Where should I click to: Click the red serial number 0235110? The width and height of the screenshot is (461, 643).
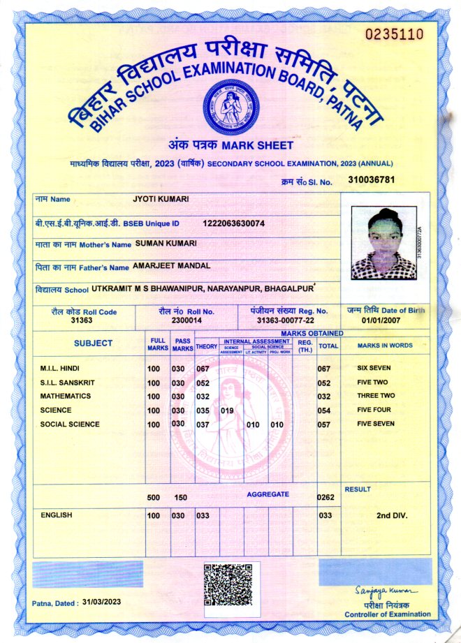395,34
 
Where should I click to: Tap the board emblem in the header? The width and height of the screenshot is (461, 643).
227,108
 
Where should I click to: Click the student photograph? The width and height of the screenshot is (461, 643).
383,243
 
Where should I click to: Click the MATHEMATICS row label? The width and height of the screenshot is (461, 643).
65,396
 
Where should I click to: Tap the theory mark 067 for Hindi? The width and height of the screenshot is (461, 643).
203,369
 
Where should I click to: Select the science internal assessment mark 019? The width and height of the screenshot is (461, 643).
227,411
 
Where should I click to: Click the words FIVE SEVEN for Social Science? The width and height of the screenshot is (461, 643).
376,424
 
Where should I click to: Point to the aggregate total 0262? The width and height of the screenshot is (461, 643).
325,498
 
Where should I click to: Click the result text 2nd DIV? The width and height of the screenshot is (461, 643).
392,516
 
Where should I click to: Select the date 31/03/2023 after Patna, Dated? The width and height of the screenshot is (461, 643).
102,601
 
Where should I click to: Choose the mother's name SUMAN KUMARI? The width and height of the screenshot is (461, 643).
166,243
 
